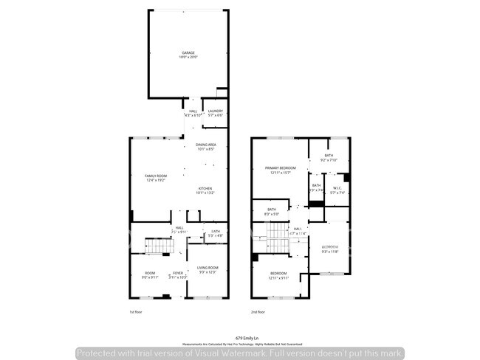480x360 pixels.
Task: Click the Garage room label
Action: click(x=189, y=55)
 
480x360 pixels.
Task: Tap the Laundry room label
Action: click(x=215, y=113)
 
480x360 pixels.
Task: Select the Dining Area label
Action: click(x=205, y=147)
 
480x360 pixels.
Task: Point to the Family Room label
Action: click(x=155, y=178)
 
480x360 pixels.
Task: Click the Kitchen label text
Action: click(x=205, y=190)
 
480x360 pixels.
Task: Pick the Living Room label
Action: click(x=209, y=270)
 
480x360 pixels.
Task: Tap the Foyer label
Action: click(x=178, y=275)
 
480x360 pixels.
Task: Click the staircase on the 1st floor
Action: click(x=156, y=246)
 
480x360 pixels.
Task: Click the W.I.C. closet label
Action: click(x=337, y=190)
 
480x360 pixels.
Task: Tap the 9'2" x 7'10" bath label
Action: click(x=329, y=158)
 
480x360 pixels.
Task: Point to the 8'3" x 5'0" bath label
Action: click(x=272, y=212)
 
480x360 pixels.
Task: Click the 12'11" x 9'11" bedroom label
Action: click(x=278, y=276)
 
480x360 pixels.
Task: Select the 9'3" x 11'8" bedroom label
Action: click(x=329, y=249)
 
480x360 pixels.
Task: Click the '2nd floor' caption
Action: click(x=258, y=313)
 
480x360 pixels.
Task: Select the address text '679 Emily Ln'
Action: click(x=239, y=336)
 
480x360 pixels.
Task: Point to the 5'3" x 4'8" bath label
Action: click(x=215, y=234)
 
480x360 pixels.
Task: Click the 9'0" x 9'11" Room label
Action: click(x=150, y=275)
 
